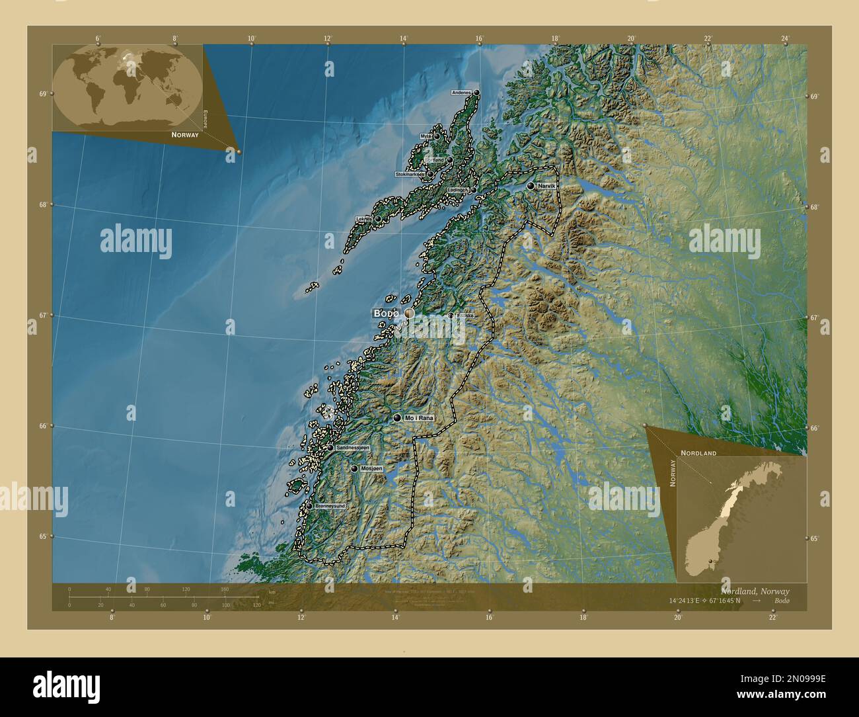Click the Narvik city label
[x=547, y=187]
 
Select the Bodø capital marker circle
[x=409, y=314]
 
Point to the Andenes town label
[x=462, y=93]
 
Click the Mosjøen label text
[x=372, y=468]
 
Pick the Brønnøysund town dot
[x=309, y=506]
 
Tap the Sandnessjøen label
[x=352, y=448]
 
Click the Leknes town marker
[x=378, y=219]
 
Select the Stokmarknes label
[x=410, y=175]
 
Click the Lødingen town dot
[x=474, y=190]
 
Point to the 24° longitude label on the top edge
[x=784, y=38]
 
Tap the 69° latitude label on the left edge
[x=42, y=94]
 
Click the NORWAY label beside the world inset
[x=184, y=134]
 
